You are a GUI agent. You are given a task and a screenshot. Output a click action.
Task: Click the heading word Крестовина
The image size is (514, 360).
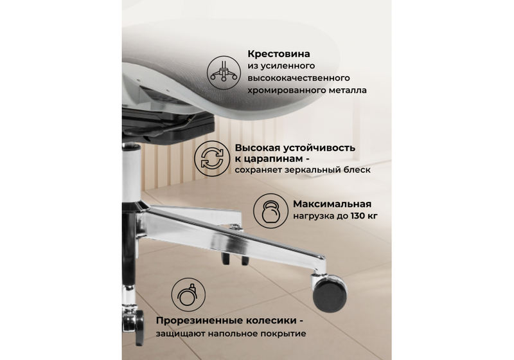pyautogui.click(x=279, y=53)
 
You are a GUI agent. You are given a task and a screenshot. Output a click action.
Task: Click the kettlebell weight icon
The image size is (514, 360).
pyautogui.click(x=270, y=210)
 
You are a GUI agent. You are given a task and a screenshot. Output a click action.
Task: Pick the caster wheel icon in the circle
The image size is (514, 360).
pyautogui.click(x=188, y=295)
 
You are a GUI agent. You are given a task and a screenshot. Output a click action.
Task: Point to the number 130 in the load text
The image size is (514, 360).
pyautogui.click(x=359, y=215)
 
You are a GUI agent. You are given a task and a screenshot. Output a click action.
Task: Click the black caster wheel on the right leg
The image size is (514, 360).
pyautogui.click(x=330, y=291)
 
